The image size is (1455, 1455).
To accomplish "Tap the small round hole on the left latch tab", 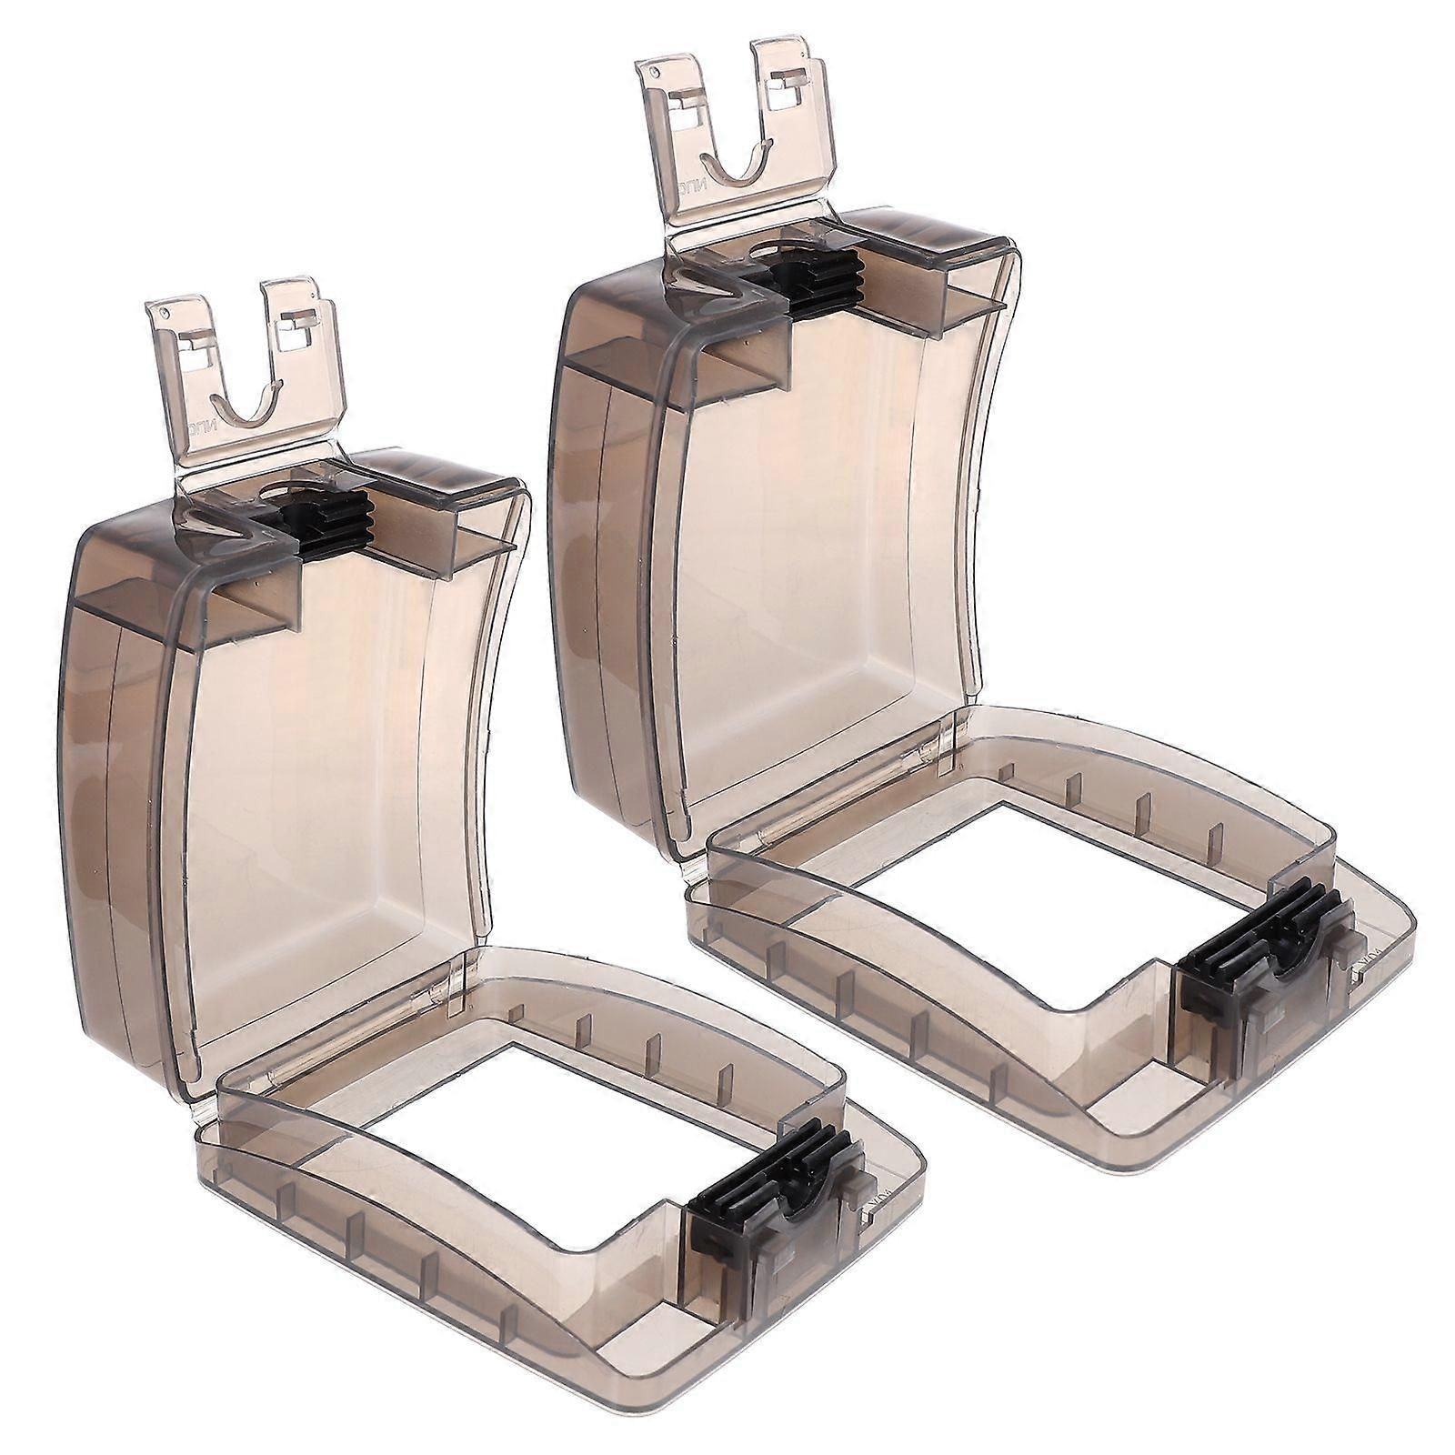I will (x=163, y=311).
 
